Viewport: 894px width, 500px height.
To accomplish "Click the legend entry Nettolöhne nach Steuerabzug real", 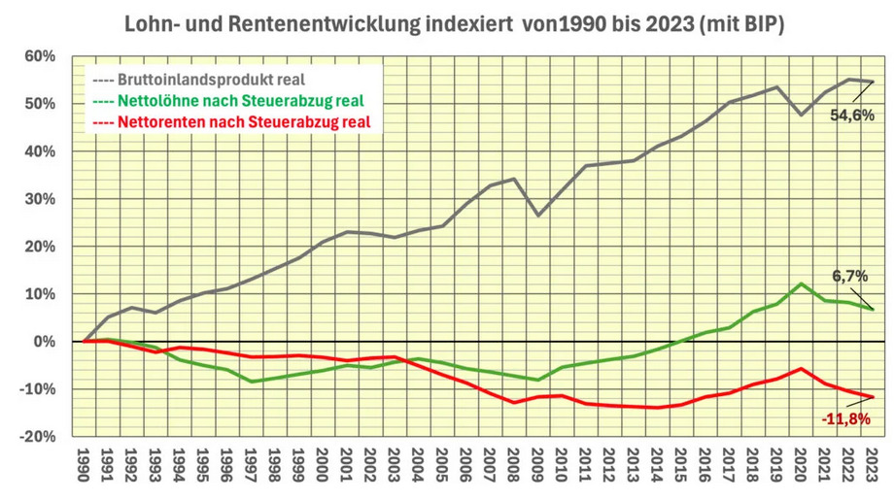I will [x=229, y=100].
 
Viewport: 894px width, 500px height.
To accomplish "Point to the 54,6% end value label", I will [x=852, y=116].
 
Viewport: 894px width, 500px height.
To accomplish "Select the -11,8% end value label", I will [x=846, y=419].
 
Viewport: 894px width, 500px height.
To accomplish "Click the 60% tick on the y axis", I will [x=39, y=56].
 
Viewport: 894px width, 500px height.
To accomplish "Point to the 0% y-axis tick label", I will [x=45, y=342].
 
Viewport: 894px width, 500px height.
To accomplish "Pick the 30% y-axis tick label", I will [x=39, y=199].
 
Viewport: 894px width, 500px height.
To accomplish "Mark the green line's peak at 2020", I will [x=801, y=283].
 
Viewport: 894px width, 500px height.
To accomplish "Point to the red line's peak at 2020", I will [x=801, y=369].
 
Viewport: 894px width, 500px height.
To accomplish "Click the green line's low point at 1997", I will [x=252, y=382].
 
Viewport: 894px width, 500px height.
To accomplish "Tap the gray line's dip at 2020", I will [x=801, y=115].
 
